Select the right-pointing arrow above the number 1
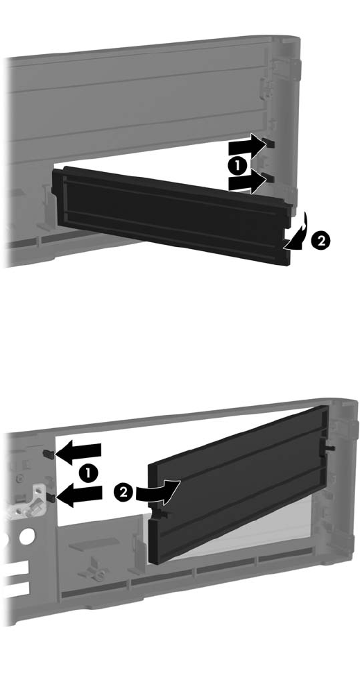(246, 147)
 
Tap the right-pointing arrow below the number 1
(246, 182)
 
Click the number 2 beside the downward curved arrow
(321, 241)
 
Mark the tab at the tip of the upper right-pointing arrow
(270, 143)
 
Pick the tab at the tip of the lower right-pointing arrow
(270, 178)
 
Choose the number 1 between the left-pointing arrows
(89, 473)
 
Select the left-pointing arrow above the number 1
(78, 454)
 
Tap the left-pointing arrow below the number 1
(80, 495)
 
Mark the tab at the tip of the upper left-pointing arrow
(49, 454)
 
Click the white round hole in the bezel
(26, 536)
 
